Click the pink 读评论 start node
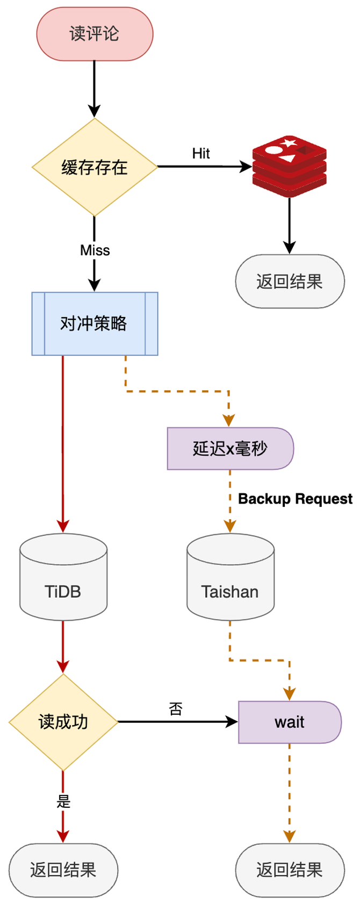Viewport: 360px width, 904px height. click(x=95, y=34)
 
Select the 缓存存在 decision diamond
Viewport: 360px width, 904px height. click(x=95, y=167)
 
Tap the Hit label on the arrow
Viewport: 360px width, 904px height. click(x=201, y=154)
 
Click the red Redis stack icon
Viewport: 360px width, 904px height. click(x=290, y=166)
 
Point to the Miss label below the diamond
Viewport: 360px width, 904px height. click(x=95, y=250)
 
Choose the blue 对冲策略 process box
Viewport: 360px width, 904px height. click(x=95, y=324)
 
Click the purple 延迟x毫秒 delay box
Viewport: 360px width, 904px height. click(x=230, y=449)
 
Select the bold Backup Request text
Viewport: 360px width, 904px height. click(x=295, y=499)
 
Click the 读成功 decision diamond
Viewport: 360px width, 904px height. click(x=63, y=722)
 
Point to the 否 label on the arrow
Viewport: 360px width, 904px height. click(x=176, y=709)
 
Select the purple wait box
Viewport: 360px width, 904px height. click(x=290, y=722)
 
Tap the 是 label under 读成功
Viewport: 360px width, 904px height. click(x=63, y=802)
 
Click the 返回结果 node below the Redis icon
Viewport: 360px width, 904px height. click(x=290, y=281)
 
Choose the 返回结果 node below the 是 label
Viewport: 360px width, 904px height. click(x=63, y=870)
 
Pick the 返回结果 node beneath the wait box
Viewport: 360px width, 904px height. click(x=290, y=870)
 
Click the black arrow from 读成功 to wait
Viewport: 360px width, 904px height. click(x=177, y=722)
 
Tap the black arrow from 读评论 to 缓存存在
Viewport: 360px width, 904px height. click(x=95, y=89)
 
